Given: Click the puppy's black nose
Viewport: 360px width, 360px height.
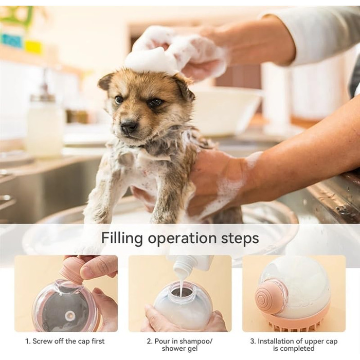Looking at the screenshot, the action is click(129, 125).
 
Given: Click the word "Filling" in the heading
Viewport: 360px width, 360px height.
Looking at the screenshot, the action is click(122, 239).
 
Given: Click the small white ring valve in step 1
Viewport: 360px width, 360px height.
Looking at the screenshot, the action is click(69, 316).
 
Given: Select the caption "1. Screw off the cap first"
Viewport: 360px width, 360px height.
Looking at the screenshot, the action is click(65, 341).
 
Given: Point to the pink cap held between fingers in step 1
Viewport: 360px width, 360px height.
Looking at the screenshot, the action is click(73, 269).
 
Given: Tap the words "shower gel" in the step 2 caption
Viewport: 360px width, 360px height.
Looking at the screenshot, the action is click(180, 349).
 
